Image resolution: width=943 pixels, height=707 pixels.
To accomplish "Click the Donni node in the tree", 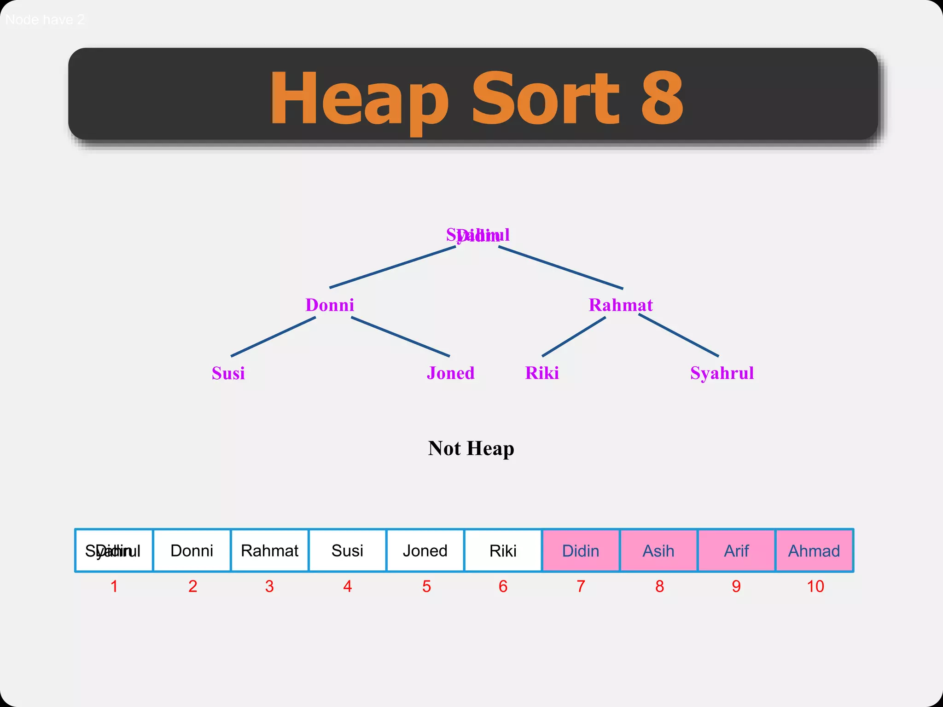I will (330, 305).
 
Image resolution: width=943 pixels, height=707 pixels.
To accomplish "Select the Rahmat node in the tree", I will (620, 305).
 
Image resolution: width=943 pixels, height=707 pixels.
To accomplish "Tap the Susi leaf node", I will (228, 373).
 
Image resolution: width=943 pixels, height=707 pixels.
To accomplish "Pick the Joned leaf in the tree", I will (450, 373).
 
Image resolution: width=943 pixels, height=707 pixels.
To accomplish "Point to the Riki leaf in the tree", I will (542, 373).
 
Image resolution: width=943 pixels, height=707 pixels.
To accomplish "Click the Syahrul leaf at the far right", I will (722, 373).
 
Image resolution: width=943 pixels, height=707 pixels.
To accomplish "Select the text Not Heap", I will (471, 448).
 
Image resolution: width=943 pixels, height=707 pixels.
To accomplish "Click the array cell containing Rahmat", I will (269, 551).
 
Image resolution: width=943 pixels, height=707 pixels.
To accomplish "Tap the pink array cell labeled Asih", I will (658, 551).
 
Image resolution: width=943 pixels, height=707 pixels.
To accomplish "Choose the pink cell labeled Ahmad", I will (814, 551).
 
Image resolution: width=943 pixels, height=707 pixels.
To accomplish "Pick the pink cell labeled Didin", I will (581, 551).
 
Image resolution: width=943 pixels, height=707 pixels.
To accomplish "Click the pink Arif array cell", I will (736, 551).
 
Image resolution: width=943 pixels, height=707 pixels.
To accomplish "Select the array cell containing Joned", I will (425, 551).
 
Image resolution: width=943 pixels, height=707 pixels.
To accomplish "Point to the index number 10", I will (815, 586).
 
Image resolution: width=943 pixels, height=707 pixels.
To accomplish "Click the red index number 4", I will (348, 586).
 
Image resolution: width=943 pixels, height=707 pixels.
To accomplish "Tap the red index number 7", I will (581, 586).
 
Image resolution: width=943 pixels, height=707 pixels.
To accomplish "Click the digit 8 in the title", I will (662, 98).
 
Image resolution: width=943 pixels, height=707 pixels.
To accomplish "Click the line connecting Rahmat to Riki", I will (574, 336).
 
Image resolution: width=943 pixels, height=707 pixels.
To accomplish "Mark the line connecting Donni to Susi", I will (273, 336).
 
